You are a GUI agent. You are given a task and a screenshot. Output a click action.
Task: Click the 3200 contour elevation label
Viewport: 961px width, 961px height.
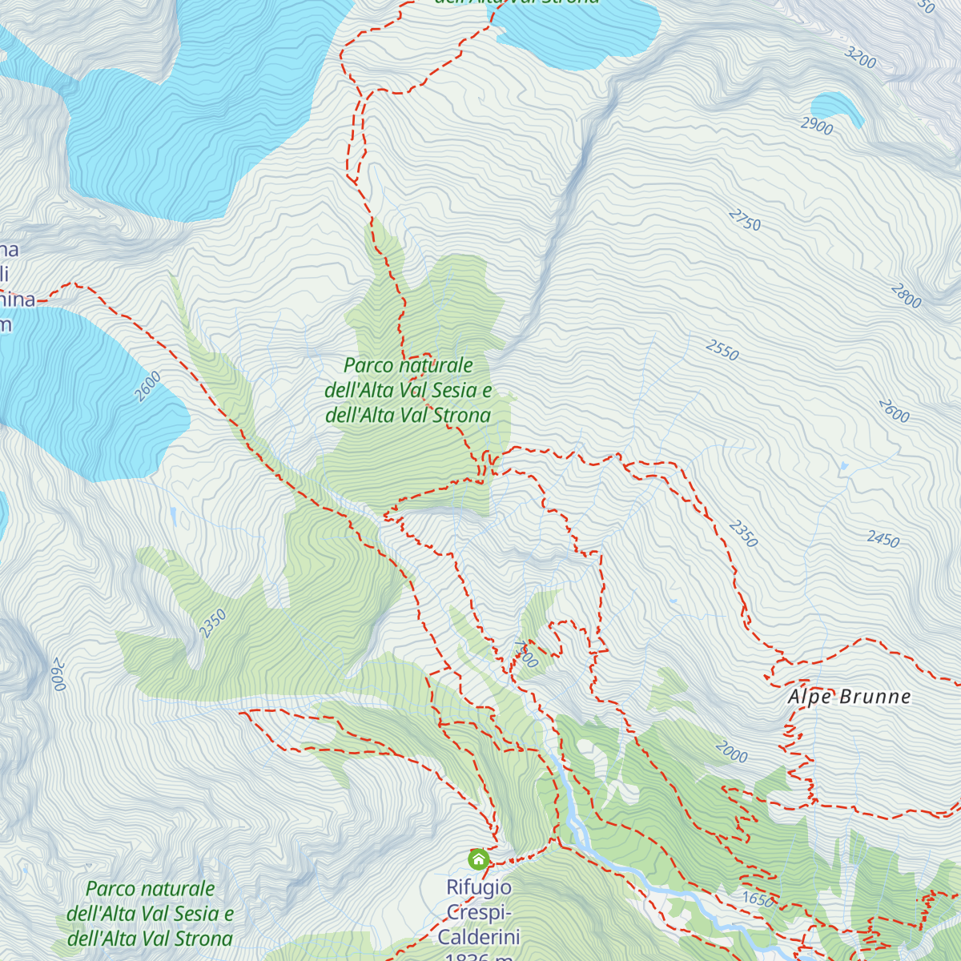click(861, 58)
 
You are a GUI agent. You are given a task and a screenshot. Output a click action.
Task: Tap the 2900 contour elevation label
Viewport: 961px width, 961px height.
click(816, 126)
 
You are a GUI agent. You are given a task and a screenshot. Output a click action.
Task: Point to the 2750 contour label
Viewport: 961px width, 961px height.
click(745, 219)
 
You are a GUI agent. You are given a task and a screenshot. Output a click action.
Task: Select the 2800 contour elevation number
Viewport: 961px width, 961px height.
click(906, 296)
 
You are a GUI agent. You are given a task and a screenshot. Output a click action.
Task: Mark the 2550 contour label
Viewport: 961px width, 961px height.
click(722, 350)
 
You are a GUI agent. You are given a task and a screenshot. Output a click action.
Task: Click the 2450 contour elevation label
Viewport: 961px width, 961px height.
click(883, 539)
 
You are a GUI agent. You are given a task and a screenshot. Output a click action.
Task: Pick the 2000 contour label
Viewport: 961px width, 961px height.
click(731, 752)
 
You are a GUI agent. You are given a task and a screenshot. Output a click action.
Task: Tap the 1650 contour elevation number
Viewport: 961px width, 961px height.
click(758, 899)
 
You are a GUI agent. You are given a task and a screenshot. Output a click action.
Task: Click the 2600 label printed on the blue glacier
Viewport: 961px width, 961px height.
click(148, 387)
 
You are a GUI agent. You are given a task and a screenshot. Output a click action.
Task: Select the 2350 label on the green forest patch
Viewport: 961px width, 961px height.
click(213, 624)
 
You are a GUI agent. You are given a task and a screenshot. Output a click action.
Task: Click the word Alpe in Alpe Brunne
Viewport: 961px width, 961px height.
click(810, 697)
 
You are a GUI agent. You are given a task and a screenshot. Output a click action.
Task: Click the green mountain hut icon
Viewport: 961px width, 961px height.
click(478, 860)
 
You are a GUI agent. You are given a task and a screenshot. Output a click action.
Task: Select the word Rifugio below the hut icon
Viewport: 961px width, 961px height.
click(479, 887)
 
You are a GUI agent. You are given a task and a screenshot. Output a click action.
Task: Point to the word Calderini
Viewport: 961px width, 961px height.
click(479, 937)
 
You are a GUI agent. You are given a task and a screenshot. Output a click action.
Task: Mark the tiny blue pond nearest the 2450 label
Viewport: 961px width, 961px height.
click(843, 465)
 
